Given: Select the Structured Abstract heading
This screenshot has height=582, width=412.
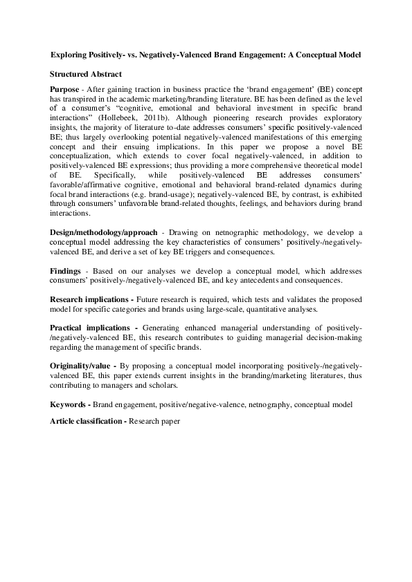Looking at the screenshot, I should (86, 73).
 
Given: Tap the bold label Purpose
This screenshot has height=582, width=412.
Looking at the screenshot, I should (64, 91).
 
